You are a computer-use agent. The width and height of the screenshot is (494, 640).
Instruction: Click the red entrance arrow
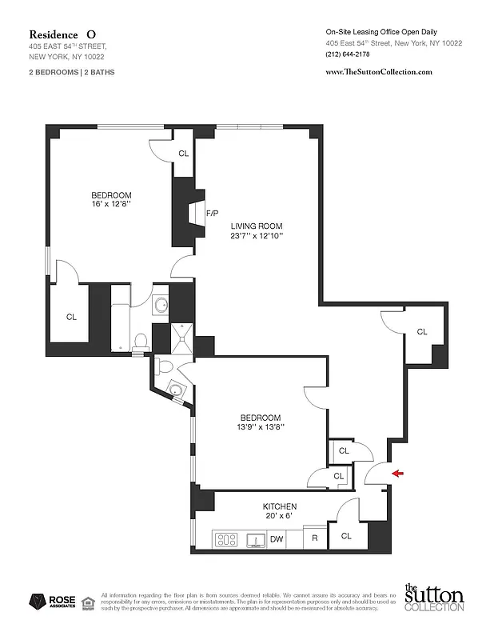point(398,474)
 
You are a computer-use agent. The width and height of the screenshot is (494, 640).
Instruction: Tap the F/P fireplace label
point(213,214)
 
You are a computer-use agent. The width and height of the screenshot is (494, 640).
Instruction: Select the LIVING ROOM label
point(257,226)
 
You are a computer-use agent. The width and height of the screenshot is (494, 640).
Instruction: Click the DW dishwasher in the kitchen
point(277,539)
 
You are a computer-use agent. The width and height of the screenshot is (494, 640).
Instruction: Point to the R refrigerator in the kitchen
point(315,539)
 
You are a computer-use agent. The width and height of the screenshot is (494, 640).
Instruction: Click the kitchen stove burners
point(227,539)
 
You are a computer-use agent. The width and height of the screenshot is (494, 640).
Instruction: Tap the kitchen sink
point(256,540)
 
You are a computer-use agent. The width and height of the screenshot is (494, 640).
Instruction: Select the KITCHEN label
point(280,506)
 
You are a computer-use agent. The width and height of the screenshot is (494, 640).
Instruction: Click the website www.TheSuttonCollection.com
point(379,71)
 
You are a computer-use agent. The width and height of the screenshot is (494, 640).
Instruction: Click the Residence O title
point(63,34)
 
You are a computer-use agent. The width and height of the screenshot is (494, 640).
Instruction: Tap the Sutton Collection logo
point(433,598)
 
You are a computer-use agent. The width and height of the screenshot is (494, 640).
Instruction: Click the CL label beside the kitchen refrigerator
point(346,536)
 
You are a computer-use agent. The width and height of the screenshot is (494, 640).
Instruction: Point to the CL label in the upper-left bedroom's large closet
point(71,317)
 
